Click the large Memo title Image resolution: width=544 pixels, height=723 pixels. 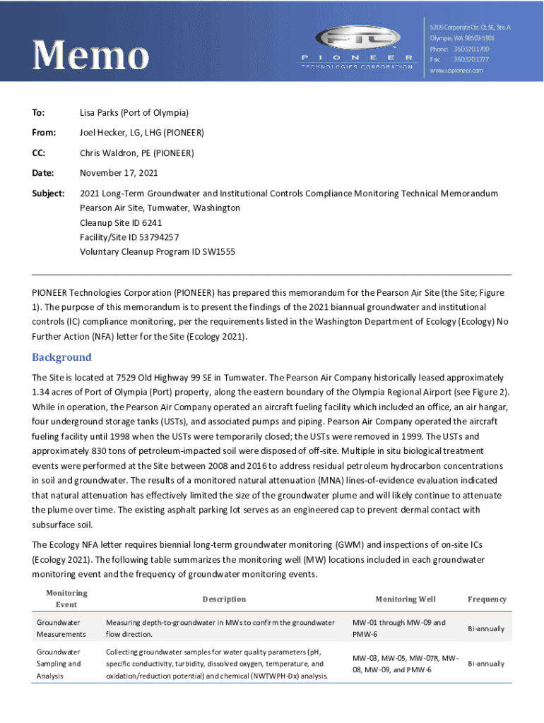pos(90,55)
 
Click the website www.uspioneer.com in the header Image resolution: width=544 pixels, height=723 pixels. pos(456,71)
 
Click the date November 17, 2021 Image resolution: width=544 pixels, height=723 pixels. pos(119,173)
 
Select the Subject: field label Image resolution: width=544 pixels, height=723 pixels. pos(49,193)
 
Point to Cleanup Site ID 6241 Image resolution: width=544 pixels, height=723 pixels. pos(122,222)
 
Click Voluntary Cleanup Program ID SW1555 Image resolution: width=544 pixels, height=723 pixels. pos(158,251)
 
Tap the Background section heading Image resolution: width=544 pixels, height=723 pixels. pos(62,357)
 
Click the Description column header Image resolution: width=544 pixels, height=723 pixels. pos(224,599)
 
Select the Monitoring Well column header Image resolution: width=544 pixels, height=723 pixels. pos(405,599)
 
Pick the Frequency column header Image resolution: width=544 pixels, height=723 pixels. pos(487,599)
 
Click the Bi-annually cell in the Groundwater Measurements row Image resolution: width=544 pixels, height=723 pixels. pos(486,628)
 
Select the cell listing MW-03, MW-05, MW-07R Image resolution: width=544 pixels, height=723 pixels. pos(406,664)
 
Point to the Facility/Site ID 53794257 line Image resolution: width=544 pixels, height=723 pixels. pos(129,237)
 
